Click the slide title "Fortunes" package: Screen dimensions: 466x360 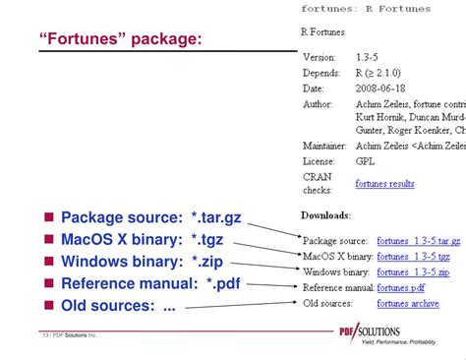click(x=121, y=39)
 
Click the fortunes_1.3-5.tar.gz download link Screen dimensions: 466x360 click(x=418, y=241)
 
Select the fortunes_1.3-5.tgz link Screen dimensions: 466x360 click(x=413, y=257)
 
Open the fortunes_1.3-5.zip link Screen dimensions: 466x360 click(x=413, y=272)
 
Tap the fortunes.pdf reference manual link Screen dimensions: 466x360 click(x=401, y=288)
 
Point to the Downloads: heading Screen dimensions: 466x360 click(x=324, y=215)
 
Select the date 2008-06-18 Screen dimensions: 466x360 click(x=377, y=89)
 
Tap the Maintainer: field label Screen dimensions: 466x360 click(x=326, y=147)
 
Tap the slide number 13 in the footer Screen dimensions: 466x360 click(x=45, y=335)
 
